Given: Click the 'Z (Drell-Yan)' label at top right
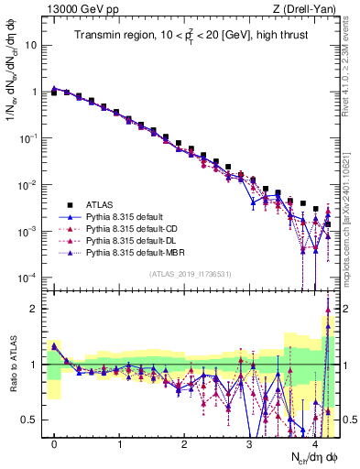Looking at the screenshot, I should (x=307, y=8).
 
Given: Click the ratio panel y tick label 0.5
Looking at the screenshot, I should (x=30, y=420).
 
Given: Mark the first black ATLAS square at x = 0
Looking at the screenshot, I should (x=55, y=93).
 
